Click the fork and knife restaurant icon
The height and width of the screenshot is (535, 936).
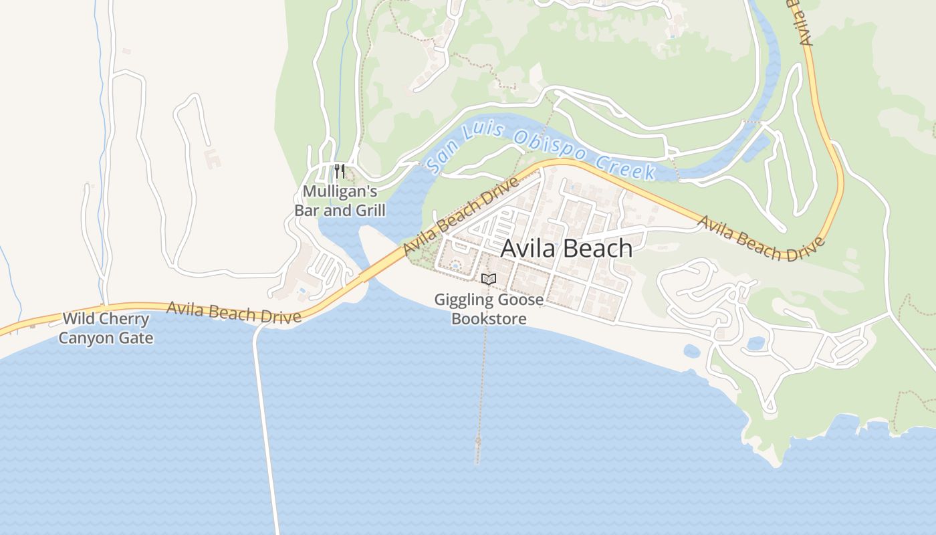pyautogui.click(x=340, y=171)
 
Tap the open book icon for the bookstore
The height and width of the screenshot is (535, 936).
pyautogui.click(x=489, y=279)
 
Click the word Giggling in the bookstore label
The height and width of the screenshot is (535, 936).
pyautogui.click(x=462, y=300)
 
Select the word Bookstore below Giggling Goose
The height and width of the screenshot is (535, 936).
pyautogui.click(x=489, y=318)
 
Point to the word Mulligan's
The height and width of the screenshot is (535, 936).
pyautogui.click(x=340, y=192)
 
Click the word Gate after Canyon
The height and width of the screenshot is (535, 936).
pyautogui.click(x=136, y=338)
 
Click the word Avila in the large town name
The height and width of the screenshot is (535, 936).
pyautogui.click(x=528, y=248)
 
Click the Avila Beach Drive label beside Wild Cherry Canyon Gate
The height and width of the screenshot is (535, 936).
pyautogui.click(x=233, y=312)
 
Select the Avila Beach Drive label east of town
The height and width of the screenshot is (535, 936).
pyautogui.click(x=760, y=238)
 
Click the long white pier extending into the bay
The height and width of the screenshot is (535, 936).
pyautogui.click(x=265, y=428)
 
